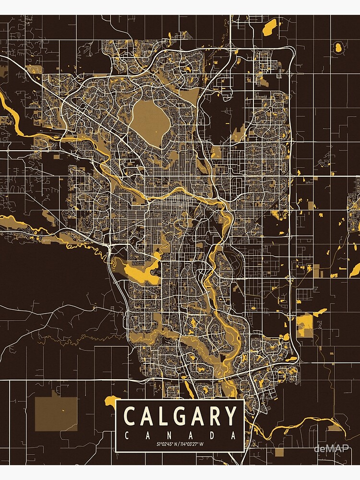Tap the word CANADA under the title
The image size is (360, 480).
(180, 436)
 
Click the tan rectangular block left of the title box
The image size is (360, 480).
(56, 413)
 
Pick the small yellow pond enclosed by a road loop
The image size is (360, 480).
(338, 47)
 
